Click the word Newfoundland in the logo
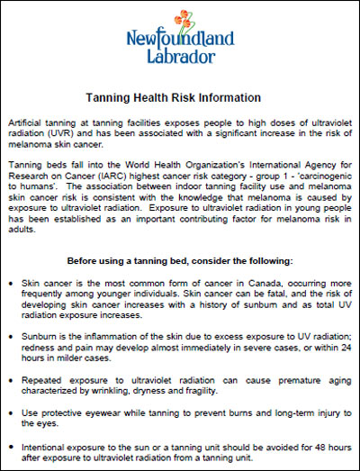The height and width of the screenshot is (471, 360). (179, 40)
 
